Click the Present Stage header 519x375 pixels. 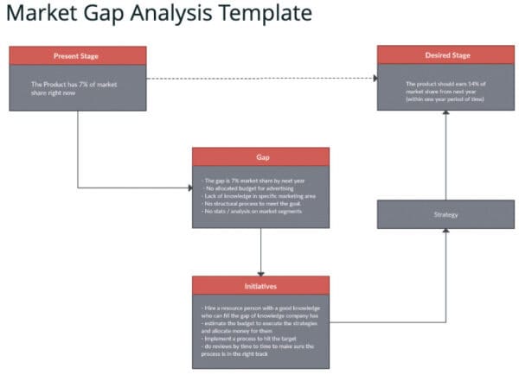(x=77, y=56)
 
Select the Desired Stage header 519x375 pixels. (x=447, y=55)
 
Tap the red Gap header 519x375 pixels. (x=260, y=157)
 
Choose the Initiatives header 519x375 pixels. (x=260, y=285)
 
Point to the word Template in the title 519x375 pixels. (x=258, y=15)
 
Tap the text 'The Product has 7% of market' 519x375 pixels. (x=74, y=84)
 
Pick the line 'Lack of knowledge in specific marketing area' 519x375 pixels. (x=259, y=195)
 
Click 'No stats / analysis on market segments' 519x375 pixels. (x=252, y=211)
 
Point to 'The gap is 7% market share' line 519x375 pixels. (x=243, y=180)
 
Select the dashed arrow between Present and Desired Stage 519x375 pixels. (x=259, y=79)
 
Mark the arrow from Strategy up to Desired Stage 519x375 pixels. (x=447, y=156)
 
